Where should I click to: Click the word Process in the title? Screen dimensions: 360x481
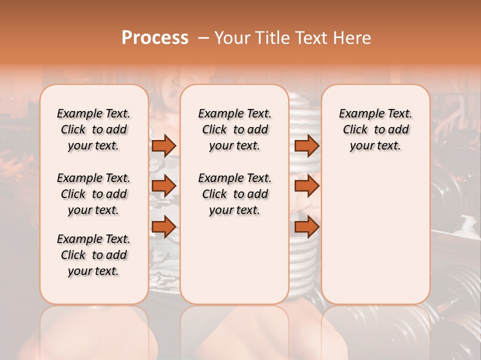[155, 38]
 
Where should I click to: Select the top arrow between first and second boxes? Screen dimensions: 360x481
[164, 145]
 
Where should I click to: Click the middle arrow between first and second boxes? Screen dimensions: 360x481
[164, 186]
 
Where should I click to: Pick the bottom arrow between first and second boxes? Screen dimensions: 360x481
[164, 226]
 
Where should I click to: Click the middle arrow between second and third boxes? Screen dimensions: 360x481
[307, 186]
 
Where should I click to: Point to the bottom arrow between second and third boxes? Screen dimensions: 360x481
[307, 226]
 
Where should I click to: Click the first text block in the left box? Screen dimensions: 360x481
[94, 129]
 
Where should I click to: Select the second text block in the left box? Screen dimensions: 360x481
[94, 194]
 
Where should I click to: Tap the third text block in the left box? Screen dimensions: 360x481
[94, 255]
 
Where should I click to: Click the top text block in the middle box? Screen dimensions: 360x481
[234, 129]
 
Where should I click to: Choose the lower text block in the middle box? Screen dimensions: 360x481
[234, 194]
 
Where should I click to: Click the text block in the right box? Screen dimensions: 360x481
[375, 129]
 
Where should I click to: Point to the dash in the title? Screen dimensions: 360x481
[203, 38]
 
